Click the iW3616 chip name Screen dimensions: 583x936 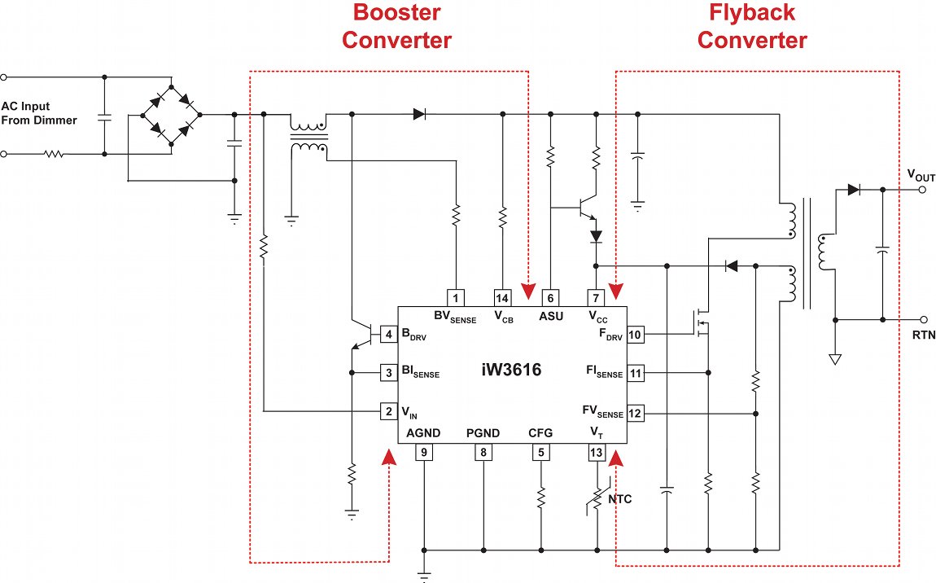click(x=510, y=370)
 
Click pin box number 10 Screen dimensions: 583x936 click(x=635, y=335)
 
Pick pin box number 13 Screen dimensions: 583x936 click(x=597, y=453)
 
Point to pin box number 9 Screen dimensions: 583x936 click(x=424, y=453)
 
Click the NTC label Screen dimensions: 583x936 click(x=619, y=498)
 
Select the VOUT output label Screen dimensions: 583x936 click(x=921, y=176)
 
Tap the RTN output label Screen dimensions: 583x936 click(x=924, y=335)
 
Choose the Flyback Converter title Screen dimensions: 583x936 click(x=753, y=26)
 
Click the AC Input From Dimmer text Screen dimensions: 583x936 click(x=39, y=113)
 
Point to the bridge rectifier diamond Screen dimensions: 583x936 click(x=171, y=116)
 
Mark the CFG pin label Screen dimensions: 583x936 click(x=540, y=433)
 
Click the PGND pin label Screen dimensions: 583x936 click(x=483, y=433)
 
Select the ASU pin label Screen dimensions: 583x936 click(x=551, y=316)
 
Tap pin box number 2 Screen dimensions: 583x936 click(x=389, y=412)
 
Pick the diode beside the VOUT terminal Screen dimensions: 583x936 click(x=854, y=190)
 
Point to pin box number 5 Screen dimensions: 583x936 click(x=540, y=453)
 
